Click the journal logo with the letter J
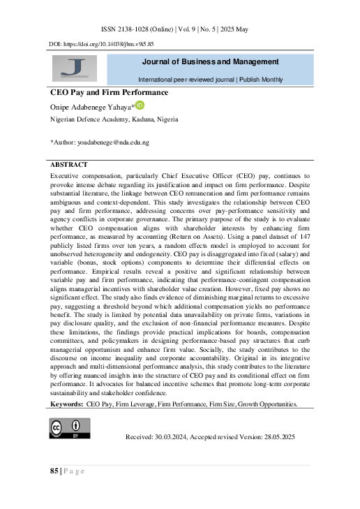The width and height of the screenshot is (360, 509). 75,68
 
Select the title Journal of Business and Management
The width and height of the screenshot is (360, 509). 220,62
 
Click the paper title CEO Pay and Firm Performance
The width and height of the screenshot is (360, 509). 109,92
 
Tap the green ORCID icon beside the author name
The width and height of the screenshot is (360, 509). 140,105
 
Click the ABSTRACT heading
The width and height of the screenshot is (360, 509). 70,165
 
